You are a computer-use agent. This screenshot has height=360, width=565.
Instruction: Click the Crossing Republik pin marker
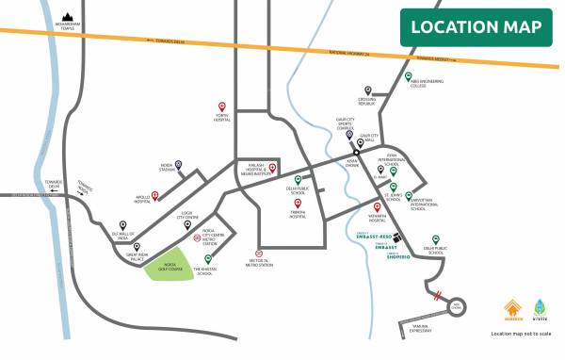(x=368, y=91)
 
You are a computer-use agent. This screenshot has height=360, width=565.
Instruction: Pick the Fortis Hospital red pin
(x=221, y=106)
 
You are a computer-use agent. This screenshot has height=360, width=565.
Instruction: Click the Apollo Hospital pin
(x=155, y=194)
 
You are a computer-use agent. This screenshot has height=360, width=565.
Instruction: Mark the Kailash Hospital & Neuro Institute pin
(x=272, y=169)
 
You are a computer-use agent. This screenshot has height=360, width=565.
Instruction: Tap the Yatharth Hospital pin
(x=378, y=207)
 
